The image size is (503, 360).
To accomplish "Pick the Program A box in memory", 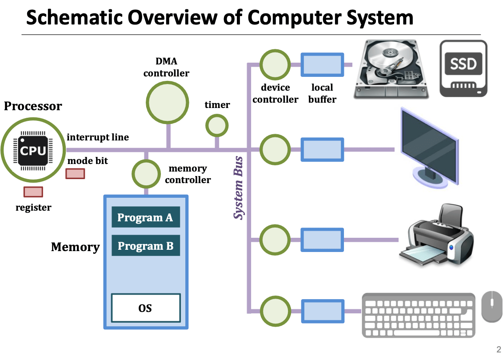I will [145, 217].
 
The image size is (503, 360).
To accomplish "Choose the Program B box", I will [145, 246].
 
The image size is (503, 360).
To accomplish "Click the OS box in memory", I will [146, 308].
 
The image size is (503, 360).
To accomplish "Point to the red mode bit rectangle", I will [75, 173].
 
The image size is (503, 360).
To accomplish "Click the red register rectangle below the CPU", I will [33, 192].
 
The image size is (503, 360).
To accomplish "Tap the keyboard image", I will [418, 314].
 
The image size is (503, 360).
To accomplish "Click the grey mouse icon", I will [492, 306].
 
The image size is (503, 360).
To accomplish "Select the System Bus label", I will [239, 188].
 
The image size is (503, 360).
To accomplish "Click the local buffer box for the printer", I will [322, 239].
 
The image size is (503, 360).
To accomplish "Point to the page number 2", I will [498, 349].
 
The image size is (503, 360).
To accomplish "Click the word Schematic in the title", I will [74, 18].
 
